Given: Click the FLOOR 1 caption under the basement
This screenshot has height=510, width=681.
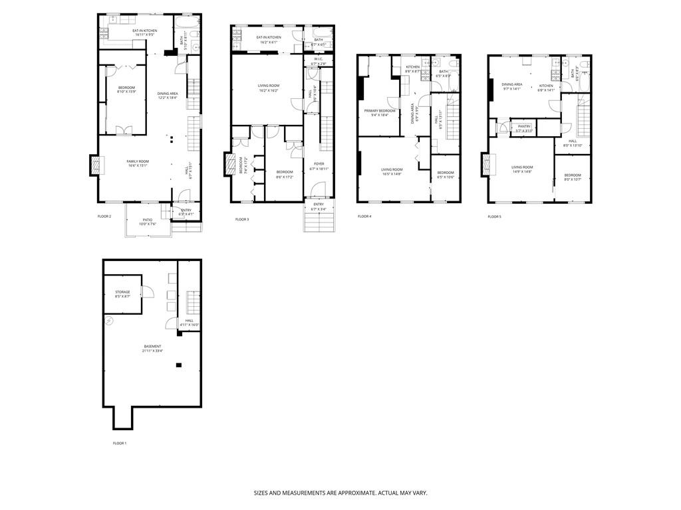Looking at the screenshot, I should (x=119, y=443).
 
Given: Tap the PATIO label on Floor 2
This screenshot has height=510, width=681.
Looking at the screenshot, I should (x=147, y=220).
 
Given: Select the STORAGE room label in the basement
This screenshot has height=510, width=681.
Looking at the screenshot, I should (x=122, y=292).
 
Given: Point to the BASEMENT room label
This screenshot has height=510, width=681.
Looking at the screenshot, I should (x=152, y=346).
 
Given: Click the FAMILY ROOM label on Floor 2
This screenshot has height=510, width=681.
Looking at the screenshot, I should (x=138, y=161).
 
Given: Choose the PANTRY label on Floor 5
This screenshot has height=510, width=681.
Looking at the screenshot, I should (x=523, y=126).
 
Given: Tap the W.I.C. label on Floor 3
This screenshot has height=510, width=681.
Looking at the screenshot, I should (x=315, y=60).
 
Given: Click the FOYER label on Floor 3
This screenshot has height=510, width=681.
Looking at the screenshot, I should (x=319, y=163).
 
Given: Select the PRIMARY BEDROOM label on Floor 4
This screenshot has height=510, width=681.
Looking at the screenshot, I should (x=379, y=110).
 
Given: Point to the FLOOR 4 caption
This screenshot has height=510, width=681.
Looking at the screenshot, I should (x=364, y=216).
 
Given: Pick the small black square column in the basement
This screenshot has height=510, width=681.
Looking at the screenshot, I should (x=178, y=365).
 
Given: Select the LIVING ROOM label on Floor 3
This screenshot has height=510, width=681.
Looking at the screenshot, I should (x=268, y=86).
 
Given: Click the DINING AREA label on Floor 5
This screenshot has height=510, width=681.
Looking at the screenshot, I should (x=512, y=84).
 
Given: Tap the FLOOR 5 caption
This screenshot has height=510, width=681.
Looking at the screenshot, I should (x=494, y=216).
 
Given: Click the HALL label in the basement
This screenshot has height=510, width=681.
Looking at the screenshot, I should (x=190, y=321).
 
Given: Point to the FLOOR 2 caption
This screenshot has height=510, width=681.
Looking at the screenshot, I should (x=104, y=216).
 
